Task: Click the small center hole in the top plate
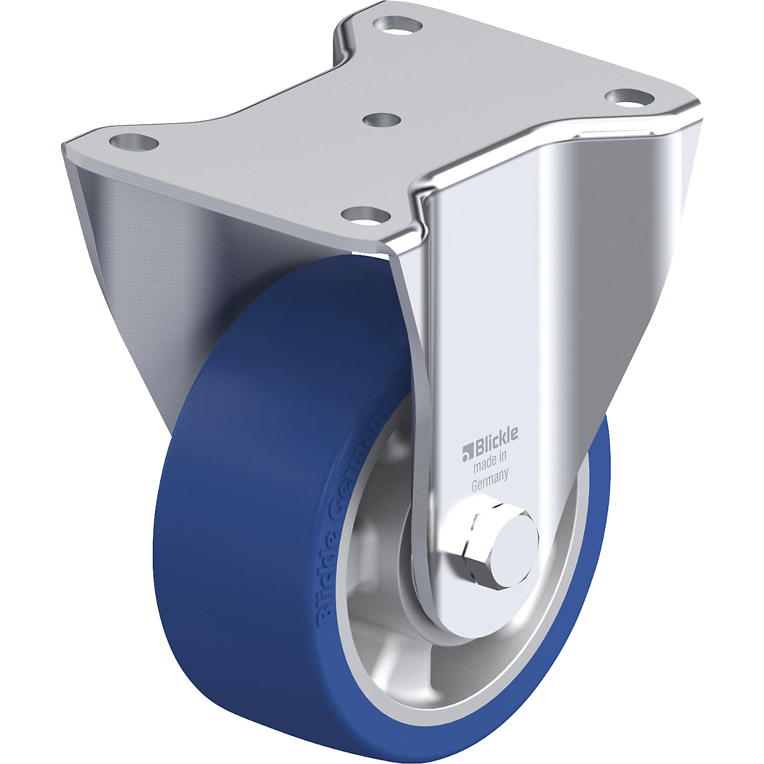[x=381, y=121]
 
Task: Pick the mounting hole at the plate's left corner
[x=133, y=141]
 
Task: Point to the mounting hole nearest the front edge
[x=365, y=216]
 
